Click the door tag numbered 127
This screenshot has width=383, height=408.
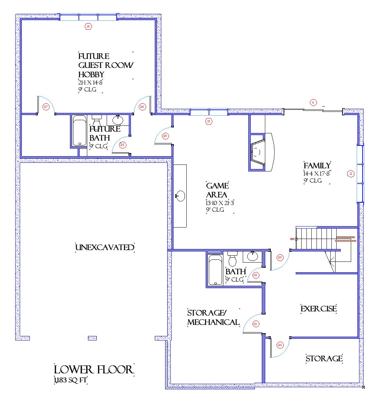click(x=46, y=107)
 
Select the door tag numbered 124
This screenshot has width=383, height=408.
click(x=165, y=136)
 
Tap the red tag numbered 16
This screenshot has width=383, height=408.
click(x=88, y=26)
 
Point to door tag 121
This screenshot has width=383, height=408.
click(x=256, y=324)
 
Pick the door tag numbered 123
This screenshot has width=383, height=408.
click(x=280, y=257)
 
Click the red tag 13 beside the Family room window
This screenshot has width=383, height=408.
click(x=350, y=174)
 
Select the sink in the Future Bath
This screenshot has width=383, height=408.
click(x=118, y=120)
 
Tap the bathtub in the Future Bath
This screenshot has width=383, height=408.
click(x=80, y=131)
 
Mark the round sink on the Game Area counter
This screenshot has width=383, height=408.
click(x=180, y=196)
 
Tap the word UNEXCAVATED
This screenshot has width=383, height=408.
click(x=105, y=247)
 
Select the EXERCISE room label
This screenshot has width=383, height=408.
click(x=318, y=309)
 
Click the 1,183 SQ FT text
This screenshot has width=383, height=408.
click(x=71, y=380)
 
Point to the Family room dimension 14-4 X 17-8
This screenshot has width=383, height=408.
click(x=317, y=174)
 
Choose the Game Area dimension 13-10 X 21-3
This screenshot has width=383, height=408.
click(x=220, y=203)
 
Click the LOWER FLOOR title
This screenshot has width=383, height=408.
click(x=93, y=370)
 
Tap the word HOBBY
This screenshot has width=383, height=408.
click(x=91, y=74)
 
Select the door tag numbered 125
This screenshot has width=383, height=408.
click(x=122, y=145)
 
